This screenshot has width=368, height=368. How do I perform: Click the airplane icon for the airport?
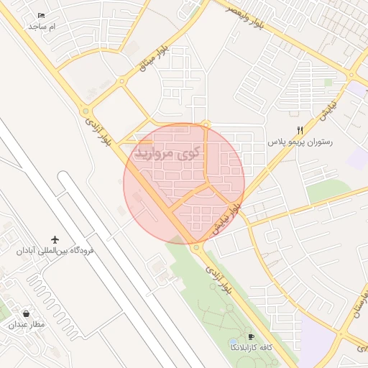click(x=55, y=239)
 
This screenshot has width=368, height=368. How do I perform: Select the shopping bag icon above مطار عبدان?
click(x=27, y=313)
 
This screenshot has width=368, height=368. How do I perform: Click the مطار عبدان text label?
click(x=27, y=325)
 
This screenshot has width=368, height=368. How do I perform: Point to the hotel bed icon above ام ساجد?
click(x=41, y=15)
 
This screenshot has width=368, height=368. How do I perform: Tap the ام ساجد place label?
click(x=42, y=26)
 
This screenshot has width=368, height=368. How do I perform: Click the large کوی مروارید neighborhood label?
click(x=166, y=152)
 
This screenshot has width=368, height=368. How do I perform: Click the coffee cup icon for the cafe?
click(x=251, y=336)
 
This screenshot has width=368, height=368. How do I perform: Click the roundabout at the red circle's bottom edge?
click(x=196, y=248)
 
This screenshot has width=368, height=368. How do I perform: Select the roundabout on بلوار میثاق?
click(x=122, y=81)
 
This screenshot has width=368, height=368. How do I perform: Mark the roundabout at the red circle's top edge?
click(x=206, y=124)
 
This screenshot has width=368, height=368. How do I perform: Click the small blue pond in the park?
click(x=232, y=341)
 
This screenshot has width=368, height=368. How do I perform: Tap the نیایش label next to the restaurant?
click(x=328, y=109)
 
